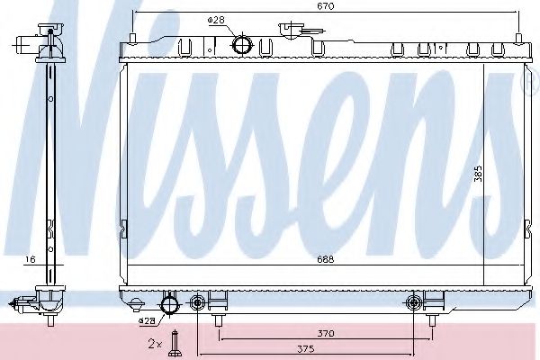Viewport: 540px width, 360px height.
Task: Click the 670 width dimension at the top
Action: tap(326, 7)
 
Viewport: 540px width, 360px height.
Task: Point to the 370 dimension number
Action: tap(325, 334)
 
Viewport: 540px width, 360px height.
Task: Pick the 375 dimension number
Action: tap(325, 351)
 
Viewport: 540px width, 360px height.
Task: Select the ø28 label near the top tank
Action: tap(215, 20)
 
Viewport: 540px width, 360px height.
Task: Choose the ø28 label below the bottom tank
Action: tap(146, 320)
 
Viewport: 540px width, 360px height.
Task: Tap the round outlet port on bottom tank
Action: tap(167, 302)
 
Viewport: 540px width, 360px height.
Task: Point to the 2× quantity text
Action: tap(155, 344)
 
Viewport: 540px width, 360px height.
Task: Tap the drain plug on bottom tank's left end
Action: tap(135, 304)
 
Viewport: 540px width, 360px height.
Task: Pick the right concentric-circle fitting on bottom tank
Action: tap(414, 301)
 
